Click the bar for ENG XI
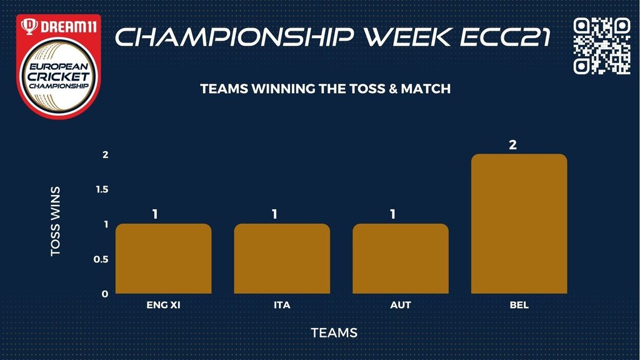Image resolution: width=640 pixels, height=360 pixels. click(163, 258)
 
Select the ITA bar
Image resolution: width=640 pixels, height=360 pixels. click(282, 258)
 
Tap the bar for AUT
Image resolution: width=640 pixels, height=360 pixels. click(401, 258)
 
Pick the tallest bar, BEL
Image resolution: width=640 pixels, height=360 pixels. click(519, 224)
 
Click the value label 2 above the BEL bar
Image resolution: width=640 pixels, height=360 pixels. click(512, 145)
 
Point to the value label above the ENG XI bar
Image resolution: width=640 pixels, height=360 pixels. click(155, 214)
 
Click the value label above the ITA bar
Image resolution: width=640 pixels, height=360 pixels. click(274, 214)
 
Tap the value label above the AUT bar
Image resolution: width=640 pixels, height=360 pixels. click(392, 214)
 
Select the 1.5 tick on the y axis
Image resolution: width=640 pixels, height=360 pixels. click(102, 189)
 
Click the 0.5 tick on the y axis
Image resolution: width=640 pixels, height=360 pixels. click(101, 259)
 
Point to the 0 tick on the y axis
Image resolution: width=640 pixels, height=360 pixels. click(105, 294)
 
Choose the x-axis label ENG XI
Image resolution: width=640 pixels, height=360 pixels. click(163, 305)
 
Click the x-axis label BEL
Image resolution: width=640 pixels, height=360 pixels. click(519, 305)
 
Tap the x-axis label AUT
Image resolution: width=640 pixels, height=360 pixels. click(401, 305)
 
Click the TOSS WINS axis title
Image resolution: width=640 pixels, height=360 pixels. click(56, 222)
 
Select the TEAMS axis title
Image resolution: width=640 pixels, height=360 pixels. click(334, 332)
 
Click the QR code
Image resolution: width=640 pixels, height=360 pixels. click(602, 46)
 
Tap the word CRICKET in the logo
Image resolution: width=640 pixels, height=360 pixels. click(58, 76)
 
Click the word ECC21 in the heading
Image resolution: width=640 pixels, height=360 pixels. click(506, 37)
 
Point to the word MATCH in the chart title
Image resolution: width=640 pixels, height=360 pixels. click(426, 89)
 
